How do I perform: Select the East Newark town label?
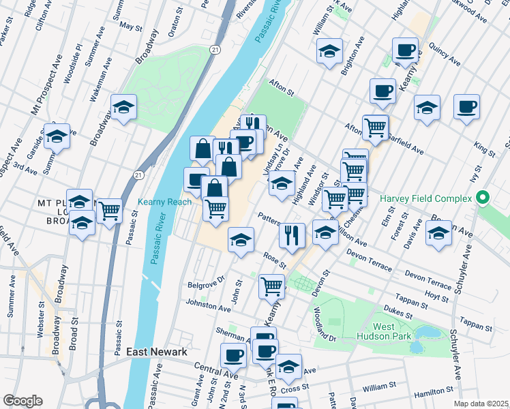(x=157, y=352)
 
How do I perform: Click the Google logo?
(x=22, y=400)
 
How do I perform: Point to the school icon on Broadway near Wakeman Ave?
(x=124, y=107)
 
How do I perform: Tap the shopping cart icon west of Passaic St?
(x=109, y=211)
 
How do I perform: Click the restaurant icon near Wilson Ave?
(x=292, y=236)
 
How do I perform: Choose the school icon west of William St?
(x=329, y=50)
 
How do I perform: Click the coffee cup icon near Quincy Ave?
(x=406, y=50)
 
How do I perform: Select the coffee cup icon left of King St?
(x=467, y=107)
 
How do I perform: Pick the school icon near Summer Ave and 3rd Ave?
(x=57, y=136)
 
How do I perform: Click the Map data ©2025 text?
(x=481, y=404)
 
